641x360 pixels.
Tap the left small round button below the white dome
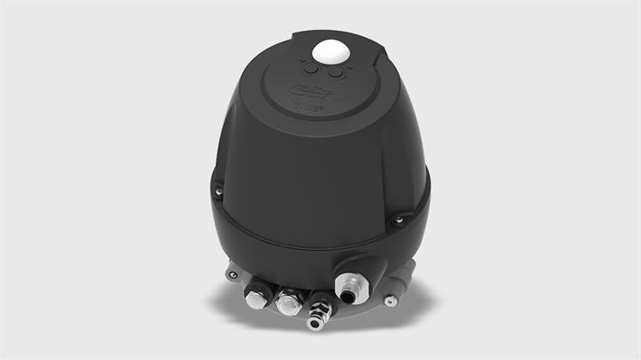[x=312, y=69]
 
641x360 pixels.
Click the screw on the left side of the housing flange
[x=218, y=191]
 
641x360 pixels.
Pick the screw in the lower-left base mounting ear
[x=233, y=274]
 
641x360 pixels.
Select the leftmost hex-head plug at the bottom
[x=257, y=296]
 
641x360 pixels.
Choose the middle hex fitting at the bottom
[x=290, y=302]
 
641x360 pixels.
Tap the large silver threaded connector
[x=348, y=287]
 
